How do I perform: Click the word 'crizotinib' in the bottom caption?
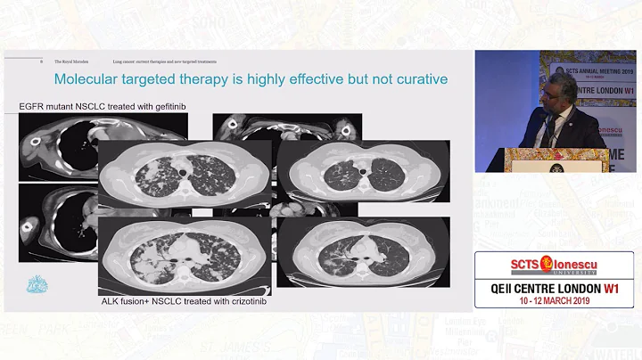[x=240, y=302]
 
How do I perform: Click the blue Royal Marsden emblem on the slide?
[x=36, y=284]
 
